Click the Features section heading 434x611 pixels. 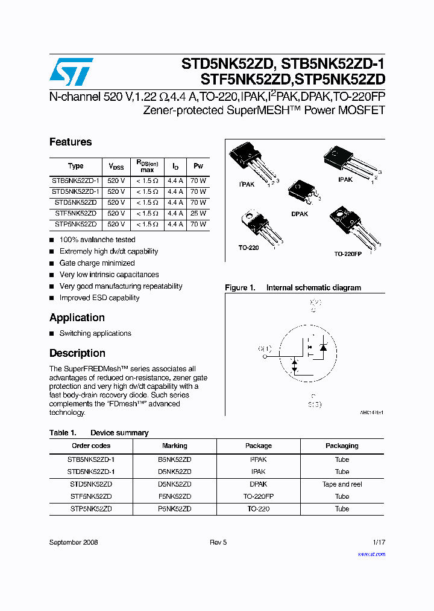tap(71, 142)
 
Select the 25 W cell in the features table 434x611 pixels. tap(198, 213)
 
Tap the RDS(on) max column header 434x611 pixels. tap(147, 166)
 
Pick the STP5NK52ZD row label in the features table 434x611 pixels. tap(75, 224)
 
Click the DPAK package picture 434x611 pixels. tap(300, 192)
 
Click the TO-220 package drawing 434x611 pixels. tap(254, 226)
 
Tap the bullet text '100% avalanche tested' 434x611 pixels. tap(97, 240)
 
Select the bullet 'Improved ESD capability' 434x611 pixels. tap(99, 298)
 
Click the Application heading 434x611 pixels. tap(77, 318)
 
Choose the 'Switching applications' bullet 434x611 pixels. tap(95, 333)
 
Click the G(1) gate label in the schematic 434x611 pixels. tap(265, 348)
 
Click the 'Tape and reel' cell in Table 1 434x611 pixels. tap(342, 484)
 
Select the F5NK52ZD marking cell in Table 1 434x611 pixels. tap(174, 496)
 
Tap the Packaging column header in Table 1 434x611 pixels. tap(342, 446)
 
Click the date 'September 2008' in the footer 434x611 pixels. tap(74, 542)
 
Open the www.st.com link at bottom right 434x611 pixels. tap(371, 554)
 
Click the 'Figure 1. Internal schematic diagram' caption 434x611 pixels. tap(293, 288)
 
